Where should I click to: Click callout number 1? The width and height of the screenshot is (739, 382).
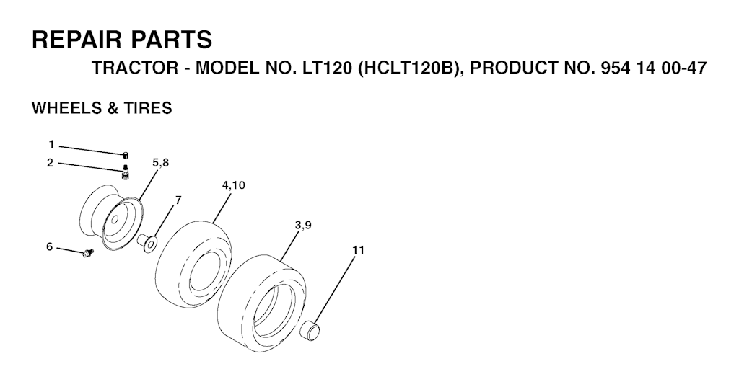(51, 144)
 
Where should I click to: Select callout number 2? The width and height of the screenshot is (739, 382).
(51, 163)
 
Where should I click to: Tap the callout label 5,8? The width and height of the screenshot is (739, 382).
(161, 163)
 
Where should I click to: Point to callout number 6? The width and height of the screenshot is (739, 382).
(50, 246)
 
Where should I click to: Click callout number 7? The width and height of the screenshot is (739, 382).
(178, 200)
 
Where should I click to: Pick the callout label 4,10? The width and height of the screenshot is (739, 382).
(233, 185)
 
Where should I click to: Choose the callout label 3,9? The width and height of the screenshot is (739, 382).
(302, 226)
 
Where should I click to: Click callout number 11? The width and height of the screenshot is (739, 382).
(359, 250)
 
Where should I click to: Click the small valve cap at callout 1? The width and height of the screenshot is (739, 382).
(126, 155)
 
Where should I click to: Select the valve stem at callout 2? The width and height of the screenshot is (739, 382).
(126, 172)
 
